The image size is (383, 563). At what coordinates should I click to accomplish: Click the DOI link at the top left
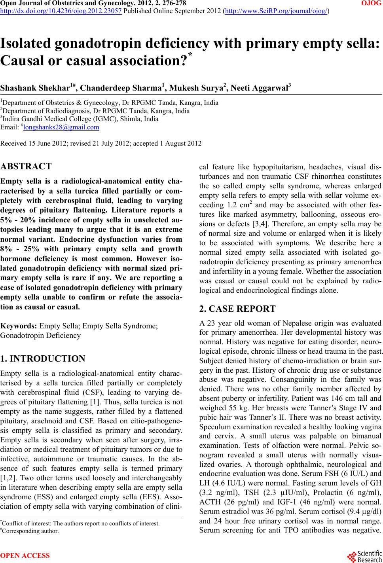[x=61, y=11]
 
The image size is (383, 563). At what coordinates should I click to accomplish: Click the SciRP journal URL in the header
[x=276, y=11]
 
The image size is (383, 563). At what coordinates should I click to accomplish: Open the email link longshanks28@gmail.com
[x=61, y=127]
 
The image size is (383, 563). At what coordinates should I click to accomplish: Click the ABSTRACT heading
[x=26, y=166]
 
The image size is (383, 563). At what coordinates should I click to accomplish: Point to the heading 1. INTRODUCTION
[x=43, y=359]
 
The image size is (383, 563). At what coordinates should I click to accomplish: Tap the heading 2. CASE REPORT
[x=237, y=309]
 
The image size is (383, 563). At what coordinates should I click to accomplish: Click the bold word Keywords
[x=19, y=326]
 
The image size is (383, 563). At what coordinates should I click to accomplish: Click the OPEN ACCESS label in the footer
[x=25, y=555]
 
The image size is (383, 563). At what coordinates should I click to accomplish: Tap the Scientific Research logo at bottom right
[x=364, y=555]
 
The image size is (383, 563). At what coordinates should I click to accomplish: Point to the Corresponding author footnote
[x=30, y=531]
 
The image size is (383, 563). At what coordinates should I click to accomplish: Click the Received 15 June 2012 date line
[x=101, y=143]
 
